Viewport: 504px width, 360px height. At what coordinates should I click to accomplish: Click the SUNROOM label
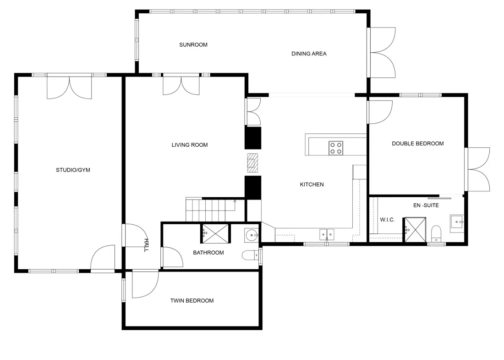coord(193,45)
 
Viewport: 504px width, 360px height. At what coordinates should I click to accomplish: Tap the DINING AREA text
coord(309,54)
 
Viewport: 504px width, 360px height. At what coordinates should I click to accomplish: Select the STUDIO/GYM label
coord(73,170)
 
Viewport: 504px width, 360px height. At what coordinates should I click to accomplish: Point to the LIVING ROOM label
coord(190,145)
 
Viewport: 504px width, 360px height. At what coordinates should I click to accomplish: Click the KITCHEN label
coord(312,184)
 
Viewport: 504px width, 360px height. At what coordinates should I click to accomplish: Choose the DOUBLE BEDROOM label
coord(417,144)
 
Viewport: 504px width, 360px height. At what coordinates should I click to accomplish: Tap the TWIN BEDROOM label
coord(192,300)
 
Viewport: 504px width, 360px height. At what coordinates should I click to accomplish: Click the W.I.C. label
coord(387,220)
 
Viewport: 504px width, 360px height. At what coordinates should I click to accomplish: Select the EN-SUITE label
coord(426,205)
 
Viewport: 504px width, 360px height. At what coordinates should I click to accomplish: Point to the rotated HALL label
coord(146,245)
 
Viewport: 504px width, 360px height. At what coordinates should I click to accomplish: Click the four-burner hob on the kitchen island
coord(335,148)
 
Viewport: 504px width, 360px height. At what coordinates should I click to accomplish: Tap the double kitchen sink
coord(327,234)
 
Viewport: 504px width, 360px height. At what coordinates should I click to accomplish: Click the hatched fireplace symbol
coord(252,163)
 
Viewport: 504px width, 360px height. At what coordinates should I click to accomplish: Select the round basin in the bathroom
coord(252,236)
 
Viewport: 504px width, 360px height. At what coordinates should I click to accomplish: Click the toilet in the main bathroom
coord(250,255)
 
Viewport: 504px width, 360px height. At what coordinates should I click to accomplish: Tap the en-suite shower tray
coord(415,230)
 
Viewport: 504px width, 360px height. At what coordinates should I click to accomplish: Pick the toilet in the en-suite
coord(436,233)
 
